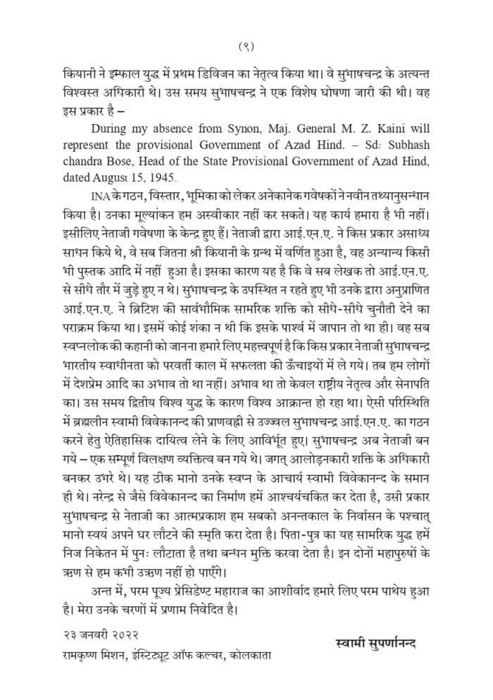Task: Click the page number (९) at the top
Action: pos(246,47)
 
